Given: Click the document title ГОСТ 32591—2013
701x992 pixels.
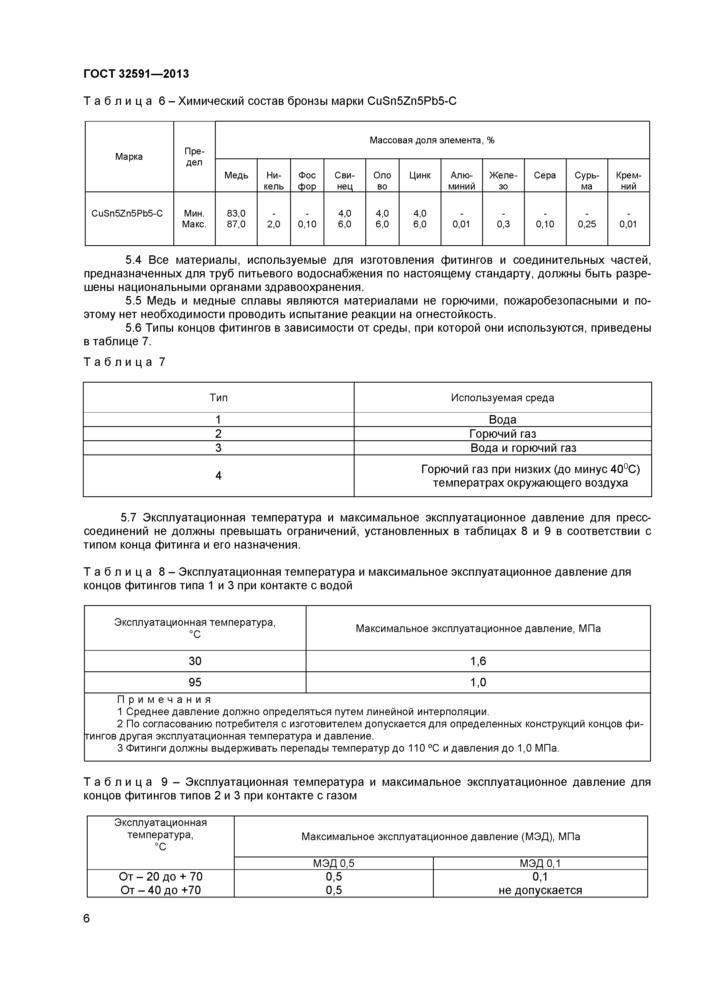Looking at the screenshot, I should (136, 74).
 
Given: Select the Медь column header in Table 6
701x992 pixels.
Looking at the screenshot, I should (236, 175).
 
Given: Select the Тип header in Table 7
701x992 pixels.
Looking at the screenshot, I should (219, 398).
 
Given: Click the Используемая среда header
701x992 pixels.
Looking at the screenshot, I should (502, 398).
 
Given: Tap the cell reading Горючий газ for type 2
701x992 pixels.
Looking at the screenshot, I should (502, 434).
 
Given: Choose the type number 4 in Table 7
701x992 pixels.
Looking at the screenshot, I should (219, 476).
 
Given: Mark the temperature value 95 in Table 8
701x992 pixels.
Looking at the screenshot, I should (195, 682).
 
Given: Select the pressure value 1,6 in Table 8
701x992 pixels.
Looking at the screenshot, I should (478, 661).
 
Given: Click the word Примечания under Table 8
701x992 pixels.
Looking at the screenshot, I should (165, 700).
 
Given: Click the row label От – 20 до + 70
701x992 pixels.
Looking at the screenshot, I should (161, 876).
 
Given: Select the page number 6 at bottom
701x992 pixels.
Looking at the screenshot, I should (86, 918).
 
